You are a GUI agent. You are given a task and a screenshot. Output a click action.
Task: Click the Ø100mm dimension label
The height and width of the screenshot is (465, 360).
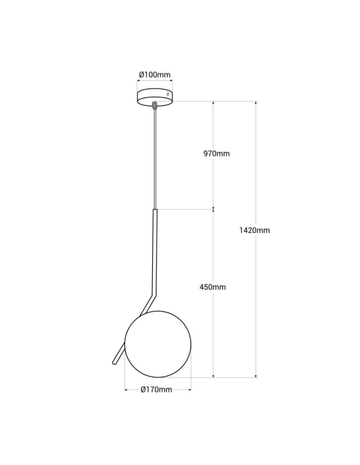(155, 75)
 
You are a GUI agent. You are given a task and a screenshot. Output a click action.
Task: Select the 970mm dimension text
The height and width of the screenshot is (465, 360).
(216, 153)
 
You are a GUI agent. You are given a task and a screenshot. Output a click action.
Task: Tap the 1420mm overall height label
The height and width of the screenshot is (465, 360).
(254, 230)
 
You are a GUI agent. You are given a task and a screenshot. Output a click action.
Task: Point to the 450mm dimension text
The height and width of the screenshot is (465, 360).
(213, 287)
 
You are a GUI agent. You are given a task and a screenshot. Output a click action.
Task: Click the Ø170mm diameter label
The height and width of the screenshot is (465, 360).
(157, 390)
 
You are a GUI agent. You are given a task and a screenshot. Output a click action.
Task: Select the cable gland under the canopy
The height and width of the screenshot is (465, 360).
(155, 105)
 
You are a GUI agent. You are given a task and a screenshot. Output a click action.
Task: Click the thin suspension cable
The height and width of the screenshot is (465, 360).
(155, 158)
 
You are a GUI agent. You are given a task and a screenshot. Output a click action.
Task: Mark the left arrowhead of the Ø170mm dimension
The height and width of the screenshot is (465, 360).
(126, 390)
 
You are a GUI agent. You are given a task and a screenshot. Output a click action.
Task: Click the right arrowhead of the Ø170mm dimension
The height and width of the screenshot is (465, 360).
(190, 390)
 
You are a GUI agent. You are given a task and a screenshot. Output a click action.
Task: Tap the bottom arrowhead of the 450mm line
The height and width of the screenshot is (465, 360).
(213, 376)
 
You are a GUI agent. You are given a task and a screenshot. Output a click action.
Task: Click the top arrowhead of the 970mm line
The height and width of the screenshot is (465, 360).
(213, 103)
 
